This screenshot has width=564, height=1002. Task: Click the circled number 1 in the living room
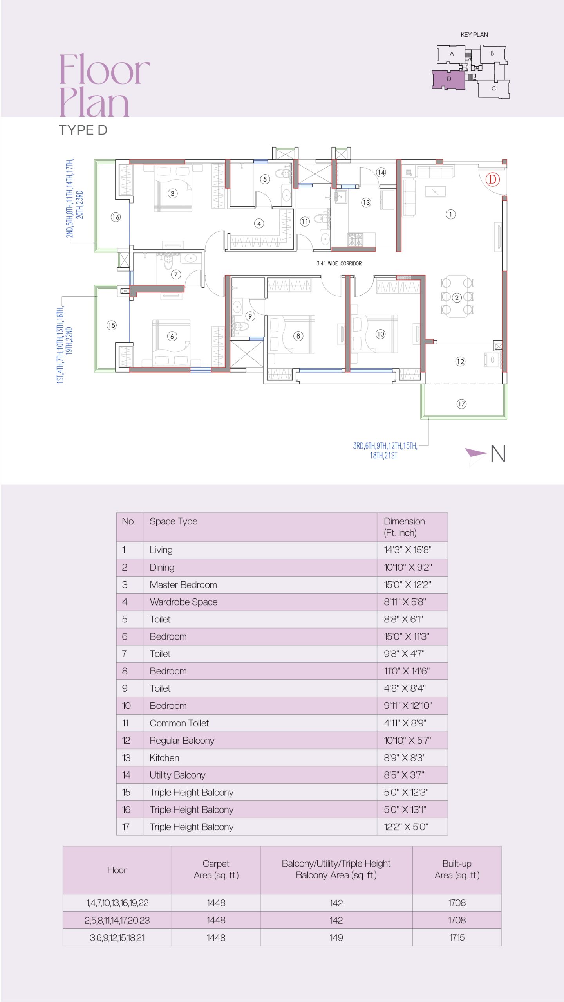[451, 214]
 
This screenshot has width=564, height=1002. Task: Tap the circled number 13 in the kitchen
[366, 202]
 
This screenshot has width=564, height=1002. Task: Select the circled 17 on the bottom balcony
[461, 404]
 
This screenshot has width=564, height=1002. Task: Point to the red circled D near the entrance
[493, 180]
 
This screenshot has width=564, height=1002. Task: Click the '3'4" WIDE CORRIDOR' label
[339, 263]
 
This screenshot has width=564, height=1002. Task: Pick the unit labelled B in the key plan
[493, 54]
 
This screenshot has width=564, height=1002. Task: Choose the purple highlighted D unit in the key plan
[448, 79]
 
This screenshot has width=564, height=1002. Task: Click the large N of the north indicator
[498, 454]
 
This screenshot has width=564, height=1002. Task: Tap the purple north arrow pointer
[475, 453]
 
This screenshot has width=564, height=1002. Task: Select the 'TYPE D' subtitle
[83, 130]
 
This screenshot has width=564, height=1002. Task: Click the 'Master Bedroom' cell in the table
[183, 585]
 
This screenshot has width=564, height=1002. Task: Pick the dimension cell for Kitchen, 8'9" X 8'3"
[405, 758]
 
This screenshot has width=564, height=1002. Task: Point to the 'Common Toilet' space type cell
[179, 723]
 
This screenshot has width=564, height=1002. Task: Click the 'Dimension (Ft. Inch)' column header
[404, 527]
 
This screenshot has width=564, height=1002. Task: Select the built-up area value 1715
[457, 937]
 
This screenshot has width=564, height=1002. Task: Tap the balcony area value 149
[336, 937]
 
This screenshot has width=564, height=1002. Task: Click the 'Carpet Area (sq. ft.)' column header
[216, 869]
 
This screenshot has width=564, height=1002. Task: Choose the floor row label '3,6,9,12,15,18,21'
[117, 938]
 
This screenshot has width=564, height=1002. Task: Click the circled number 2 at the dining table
[457, 298]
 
